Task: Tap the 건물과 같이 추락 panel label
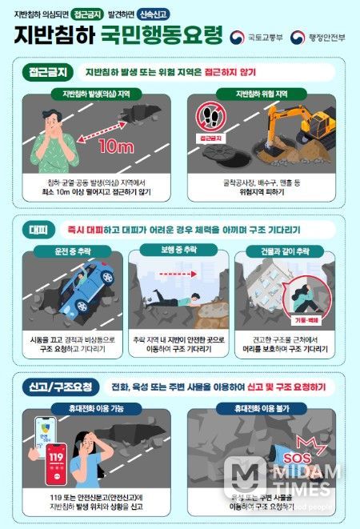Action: click(x=286, y=253)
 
